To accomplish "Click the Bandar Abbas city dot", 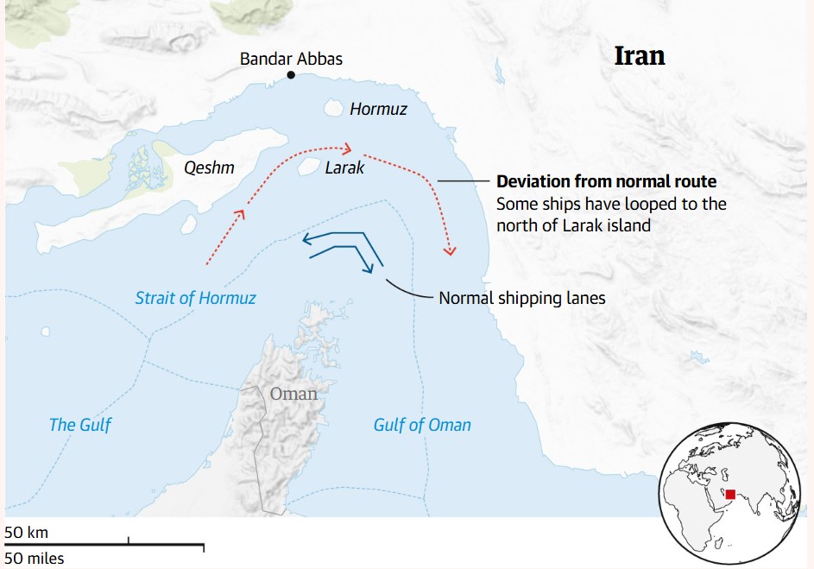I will click(291, 75).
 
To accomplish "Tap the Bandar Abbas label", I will click(291, 59).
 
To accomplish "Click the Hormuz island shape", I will click(332, 109).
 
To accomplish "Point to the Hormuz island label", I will click(378, 110).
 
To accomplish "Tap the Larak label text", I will click(344, 168).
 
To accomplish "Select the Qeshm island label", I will click(209, 168).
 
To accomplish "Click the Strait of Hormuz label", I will click(196, 298).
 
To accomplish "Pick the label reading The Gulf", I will click(80, 424).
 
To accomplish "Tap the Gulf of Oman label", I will click(422, 424).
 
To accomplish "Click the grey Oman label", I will click(293, 394).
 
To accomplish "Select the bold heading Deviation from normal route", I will click(606, 182).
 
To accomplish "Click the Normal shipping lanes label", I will click(522, 298).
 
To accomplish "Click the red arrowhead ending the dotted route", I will click(449, 251).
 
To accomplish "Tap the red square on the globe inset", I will click(730, 495).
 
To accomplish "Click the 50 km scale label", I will click(27, 532).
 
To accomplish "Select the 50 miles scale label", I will click(35, 559).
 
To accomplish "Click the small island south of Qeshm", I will click(188, 224).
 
